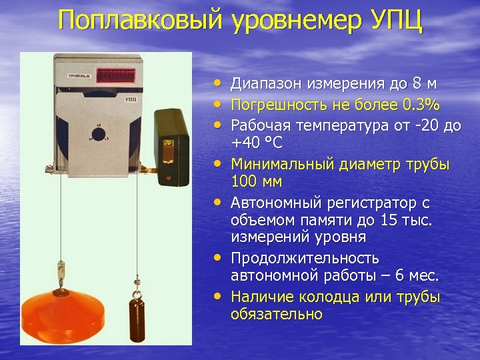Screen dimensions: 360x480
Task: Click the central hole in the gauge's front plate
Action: tap(99, 134)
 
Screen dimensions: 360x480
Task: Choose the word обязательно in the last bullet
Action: tap(277, 313)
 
